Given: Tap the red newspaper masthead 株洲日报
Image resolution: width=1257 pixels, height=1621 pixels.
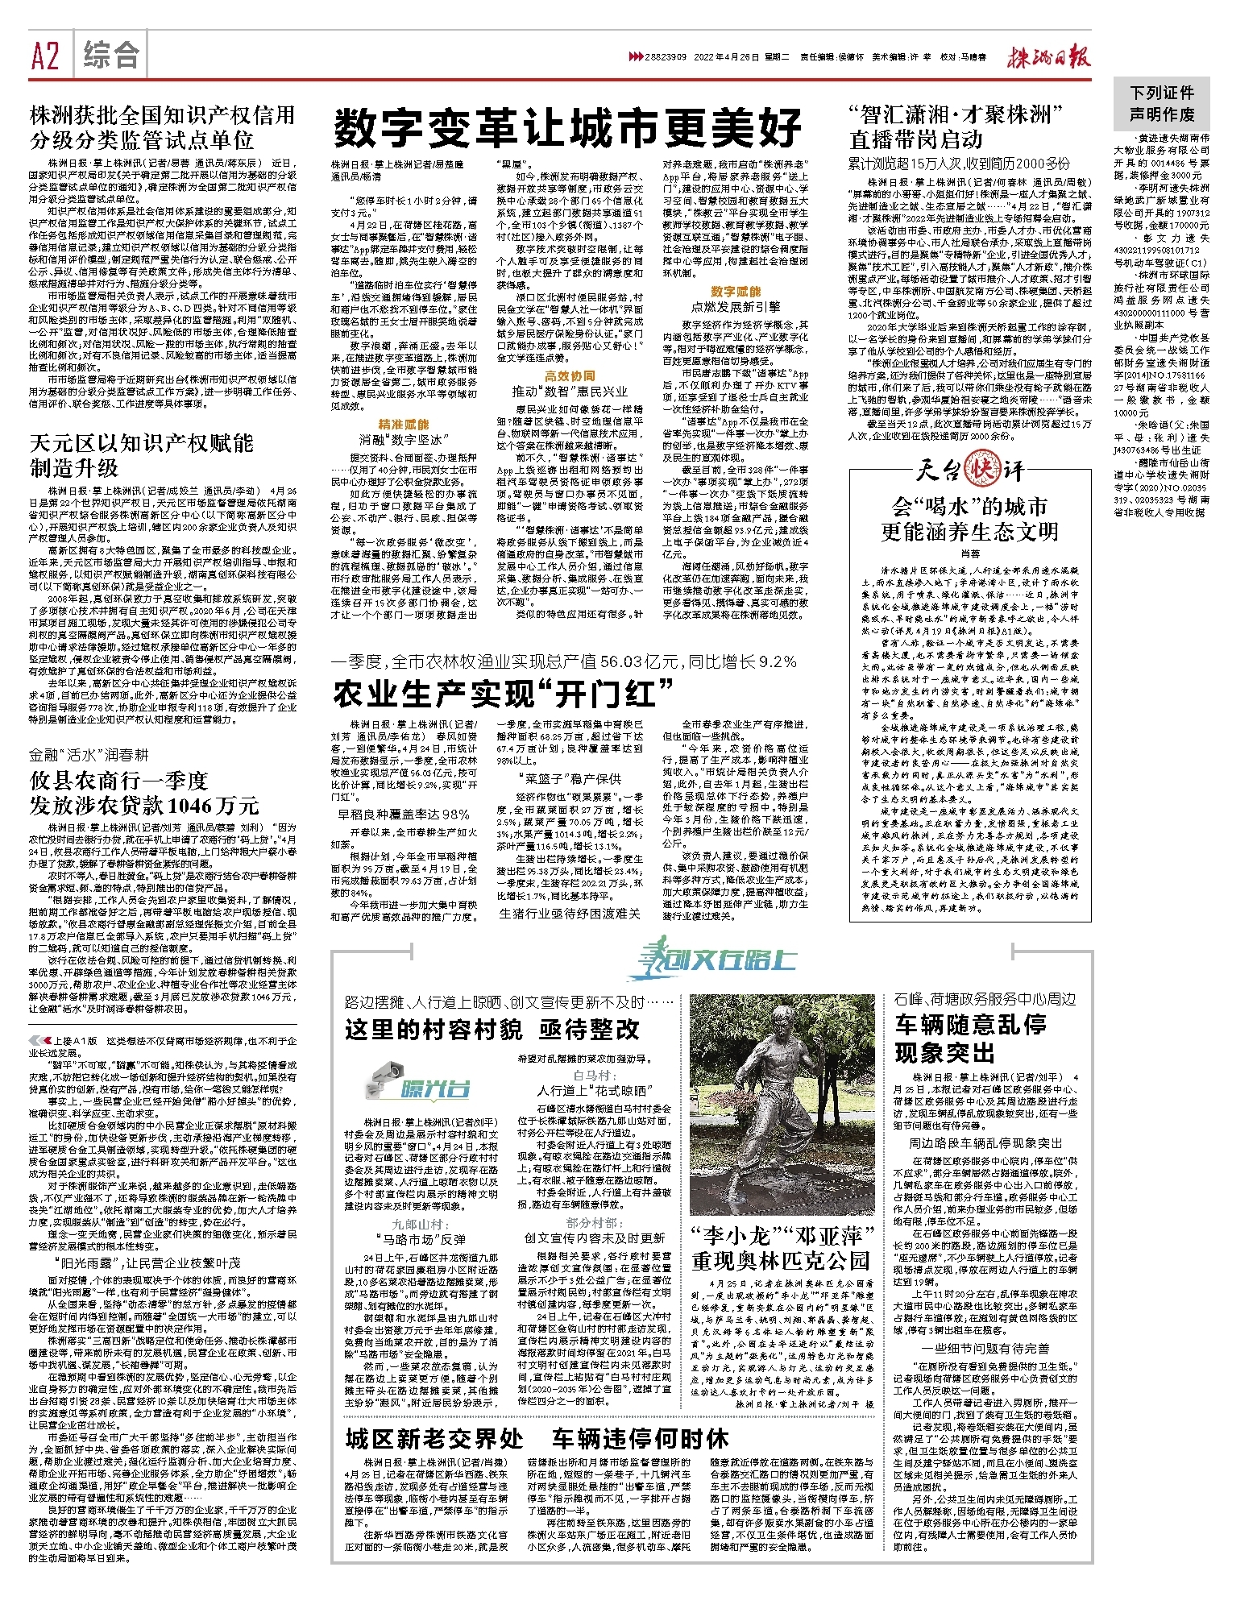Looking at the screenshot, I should (1048, 57).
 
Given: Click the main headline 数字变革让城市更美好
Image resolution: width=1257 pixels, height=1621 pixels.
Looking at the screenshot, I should (567, 126).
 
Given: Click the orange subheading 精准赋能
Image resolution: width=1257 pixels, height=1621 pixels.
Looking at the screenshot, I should (404, 424).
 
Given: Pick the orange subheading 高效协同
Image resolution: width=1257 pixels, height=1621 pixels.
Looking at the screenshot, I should (570, 375).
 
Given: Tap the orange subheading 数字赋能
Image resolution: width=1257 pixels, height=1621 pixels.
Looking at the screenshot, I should (735, 291).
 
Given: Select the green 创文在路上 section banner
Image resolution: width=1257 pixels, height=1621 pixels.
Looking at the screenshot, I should (712, 959).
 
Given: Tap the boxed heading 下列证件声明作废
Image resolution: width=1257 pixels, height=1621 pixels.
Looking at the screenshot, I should (1161, 104).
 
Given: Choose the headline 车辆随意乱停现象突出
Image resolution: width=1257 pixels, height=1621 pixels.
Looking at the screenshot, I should (970, 1039).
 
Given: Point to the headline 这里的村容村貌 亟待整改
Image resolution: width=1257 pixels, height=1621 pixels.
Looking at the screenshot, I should (492, 1029).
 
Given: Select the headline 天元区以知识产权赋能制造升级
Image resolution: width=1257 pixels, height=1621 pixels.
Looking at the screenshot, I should (142, 455).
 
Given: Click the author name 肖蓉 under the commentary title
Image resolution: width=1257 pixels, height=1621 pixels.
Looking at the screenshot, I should (969, 554).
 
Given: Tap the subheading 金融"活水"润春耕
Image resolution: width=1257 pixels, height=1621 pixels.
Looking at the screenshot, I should (89, 755).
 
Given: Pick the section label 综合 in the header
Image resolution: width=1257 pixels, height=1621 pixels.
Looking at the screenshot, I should (111, 56).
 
